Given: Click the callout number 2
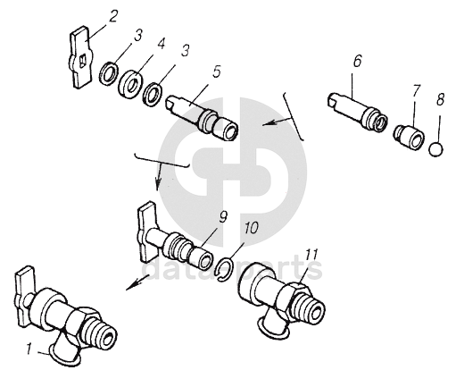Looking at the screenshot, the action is (113, 16).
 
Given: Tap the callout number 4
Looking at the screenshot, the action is (161, 44).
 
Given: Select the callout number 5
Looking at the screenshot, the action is (216, 72).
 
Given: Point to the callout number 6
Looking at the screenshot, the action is (357, 61).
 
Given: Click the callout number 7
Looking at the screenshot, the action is (416, 90).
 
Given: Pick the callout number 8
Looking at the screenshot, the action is (440, 99).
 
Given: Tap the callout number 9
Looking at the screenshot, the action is (223, 216).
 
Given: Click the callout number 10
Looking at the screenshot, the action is (251, 228).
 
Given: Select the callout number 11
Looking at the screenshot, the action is (311, 254).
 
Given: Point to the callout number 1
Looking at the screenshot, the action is (29, 349).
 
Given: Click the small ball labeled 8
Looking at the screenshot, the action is (435, 149).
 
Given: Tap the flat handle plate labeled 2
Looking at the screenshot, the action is (80, 57).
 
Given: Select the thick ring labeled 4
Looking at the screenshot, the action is (130, 84).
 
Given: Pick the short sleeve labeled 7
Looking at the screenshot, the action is (409, 137).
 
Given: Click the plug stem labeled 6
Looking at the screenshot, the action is (357, 112).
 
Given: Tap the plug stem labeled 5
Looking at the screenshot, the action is (202, 117).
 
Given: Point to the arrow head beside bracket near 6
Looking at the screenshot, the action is (267, 123).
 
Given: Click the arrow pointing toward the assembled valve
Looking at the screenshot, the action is (137, 282).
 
